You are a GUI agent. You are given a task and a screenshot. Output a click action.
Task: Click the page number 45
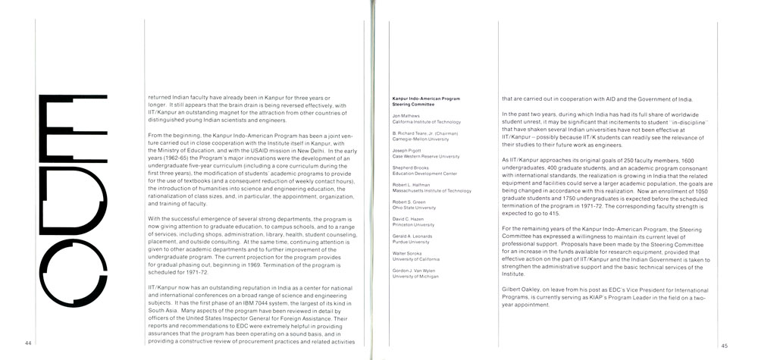(x=725, y=345)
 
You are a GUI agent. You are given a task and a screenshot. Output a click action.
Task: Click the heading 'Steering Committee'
(x=410, y=104)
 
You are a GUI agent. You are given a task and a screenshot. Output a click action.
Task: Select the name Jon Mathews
(x=406, y=116)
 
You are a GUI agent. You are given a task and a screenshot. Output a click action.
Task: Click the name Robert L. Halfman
(x=412, y=186)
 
